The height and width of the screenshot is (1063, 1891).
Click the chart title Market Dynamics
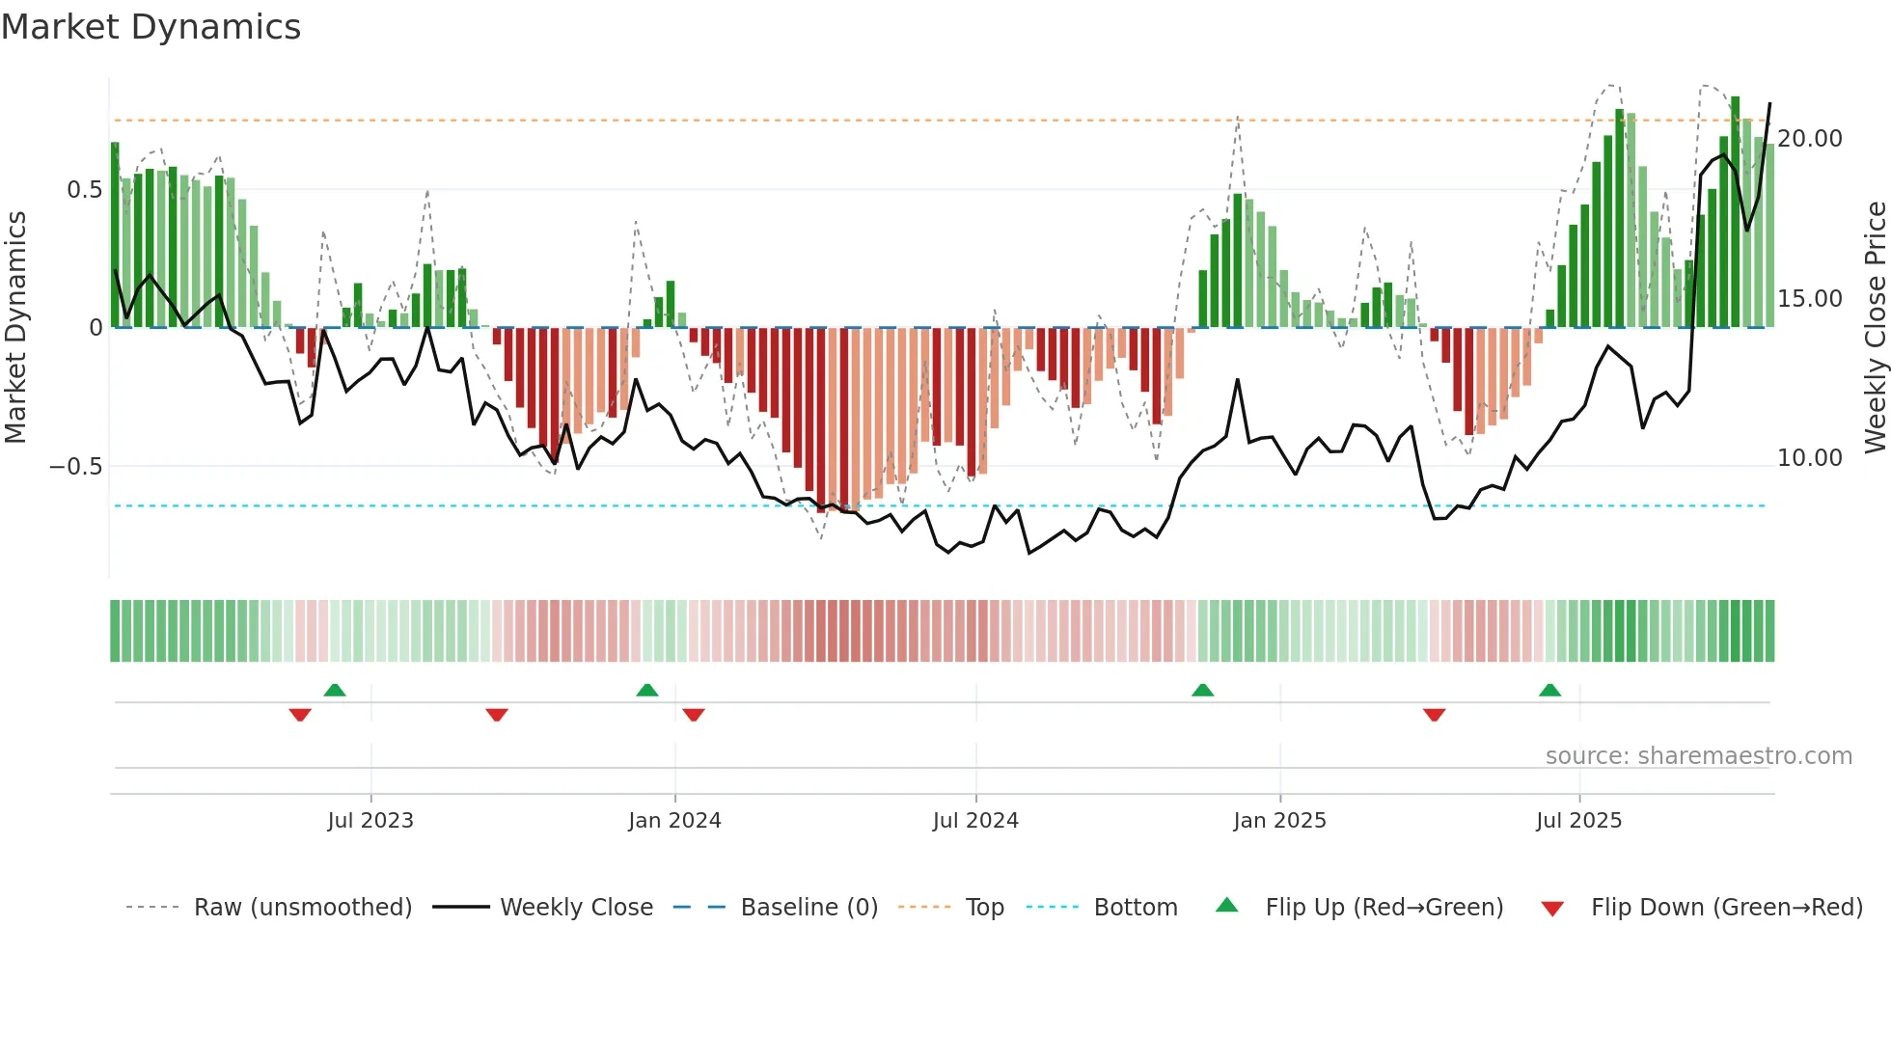point(151,27)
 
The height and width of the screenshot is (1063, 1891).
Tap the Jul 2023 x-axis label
point(370,821)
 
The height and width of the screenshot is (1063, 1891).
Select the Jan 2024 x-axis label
point(674,821)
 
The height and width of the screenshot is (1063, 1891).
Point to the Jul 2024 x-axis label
point(975,821)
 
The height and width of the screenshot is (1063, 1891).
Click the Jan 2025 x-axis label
point(1279,821)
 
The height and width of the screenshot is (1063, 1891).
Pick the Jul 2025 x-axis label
point(1578,821)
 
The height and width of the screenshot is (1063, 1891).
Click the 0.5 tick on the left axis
point(84,190)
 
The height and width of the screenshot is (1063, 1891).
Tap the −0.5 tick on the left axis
point(76,467)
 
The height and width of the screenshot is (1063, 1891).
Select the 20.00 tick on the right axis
point(1810,139)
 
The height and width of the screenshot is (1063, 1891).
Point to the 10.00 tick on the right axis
point(1810,458)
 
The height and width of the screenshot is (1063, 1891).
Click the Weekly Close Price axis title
point(1875,328)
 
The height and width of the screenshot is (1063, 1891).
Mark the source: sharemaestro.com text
point(1698,756)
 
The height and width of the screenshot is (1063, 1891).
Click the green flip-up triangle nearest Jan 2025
point(1202,690)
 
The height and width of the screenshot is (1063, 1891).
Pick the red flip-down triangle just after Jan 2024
point(694,715)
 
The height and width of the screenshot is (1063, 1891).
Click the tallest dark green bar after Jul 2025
point(1735,212)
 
